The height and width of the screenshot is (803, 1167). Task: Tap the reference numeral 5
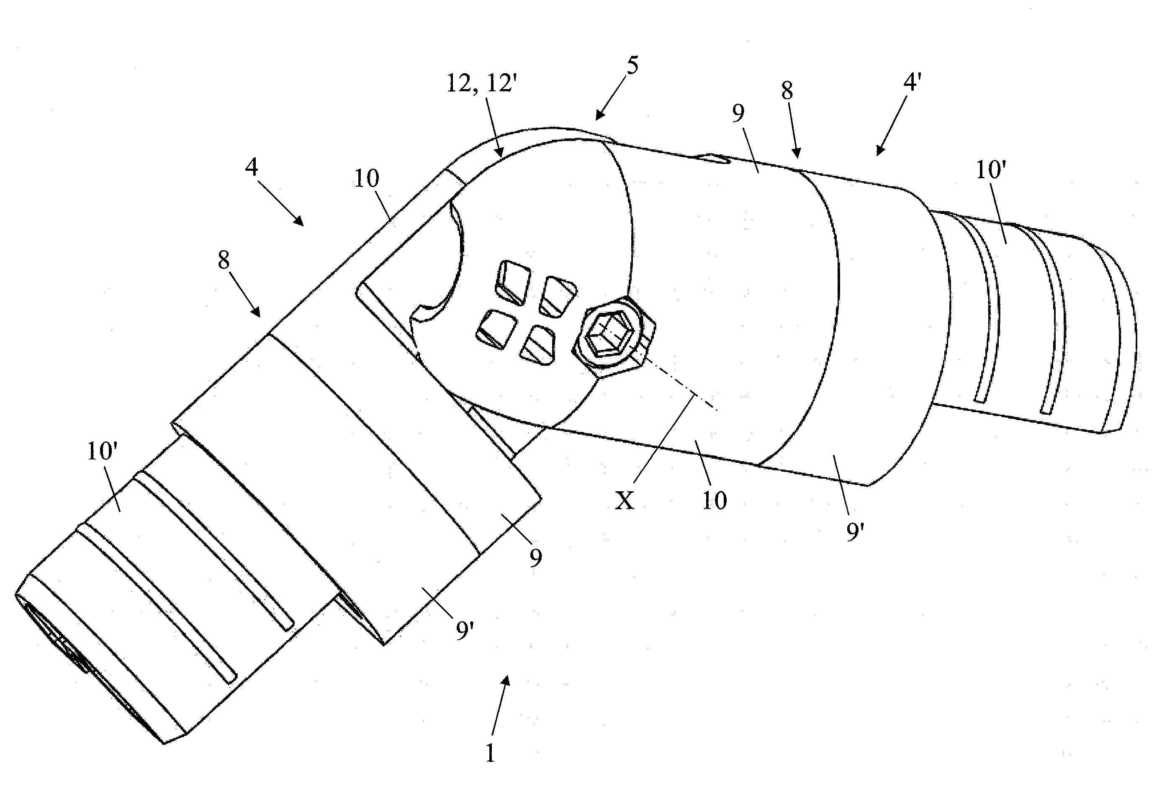pyautogui.click(x=632, y=65)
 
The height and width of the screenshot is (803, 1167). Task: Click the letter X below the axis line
pyautogui.click(x=625, y=500)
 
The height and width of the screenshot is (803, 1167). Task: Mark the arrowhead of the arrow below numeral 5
pyautogui.click(x=598, y=117)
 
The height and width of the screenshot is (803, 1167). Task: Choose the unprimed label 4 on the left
pyautogui.click(x=251, y=167)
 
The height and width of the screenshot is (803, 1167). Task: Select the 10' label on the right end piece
pyautogui.click(x=990, y=171)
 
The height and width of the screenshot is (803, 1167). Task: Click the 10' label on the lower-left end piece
pyautogui.click(x=102, y=452)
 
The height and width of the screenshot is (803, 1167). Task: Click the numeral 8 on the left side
pyautogui.click(x=224, y=260)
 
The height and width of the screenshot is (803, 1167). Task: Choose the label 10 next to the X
pyautogui.click(x=714, y=500)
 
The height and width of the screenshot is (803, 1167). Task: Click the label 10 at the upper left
pyautogui.click(x=366, y=178)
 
